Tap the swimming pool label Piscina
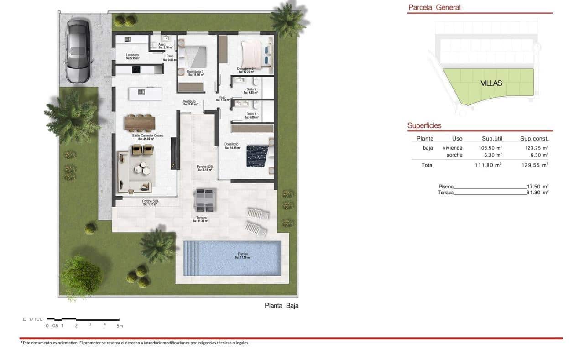243,254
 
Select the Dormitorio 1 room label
232,145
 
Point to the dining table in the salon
140,123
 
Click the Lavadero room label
133,55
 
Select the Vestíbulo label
189,101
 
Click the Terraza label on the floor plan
201,218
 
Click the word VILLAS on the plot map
491,83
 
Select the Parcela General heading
434,7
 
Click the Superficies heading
424,126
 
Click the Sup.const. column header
534,139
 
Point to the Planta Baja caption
282,306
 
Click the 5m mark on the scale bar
119,326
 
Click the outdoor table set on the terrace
203,200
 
